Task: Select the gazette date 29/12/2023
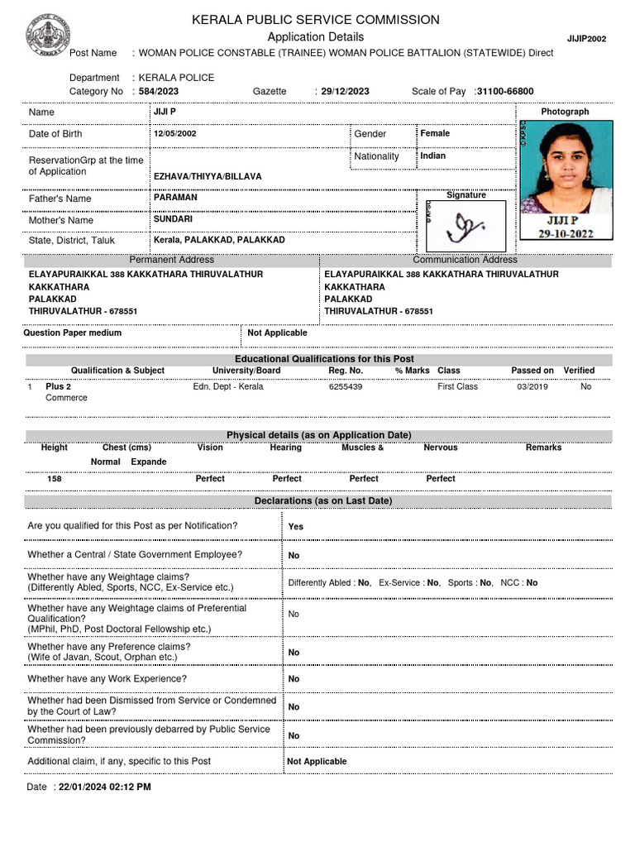pyautogui.click(x=345, y=92)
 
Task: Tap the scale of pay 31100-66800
pyautogui.click(x=504, y=92)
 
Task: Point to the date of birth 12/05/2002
pyautogui.click(x=174, y=133)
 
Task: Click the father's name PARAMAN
pyautogui.click(x=175, y=198)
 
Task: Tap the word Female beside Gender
pyautogui.click(x=435, y=133)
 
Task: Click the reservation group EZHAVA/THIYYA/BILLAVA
pyautogui.click(x=208, y=177)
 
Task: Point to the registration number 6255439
pyautogui.click(x=346, y=386)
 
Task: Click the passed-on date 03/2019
pyautogui.click(x=532, y=386)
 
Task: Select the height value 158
pyautogui.click(x=55, y=478)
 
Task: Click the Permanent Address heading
pyautogui.click(x=171, y=260)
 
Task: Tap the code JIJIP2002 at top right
pyautogui.click(x=586, y=39)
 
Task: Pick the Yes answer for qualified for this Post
pyautogui.click(x=295, y=526)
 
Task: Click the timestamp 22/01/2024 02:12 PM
pyautogui.click(x=104, y=787)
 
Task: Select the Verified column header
pyautogui.click(x=579, y=371)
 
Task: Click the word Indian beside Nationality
pyautogui.click(x=432, y=156)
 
